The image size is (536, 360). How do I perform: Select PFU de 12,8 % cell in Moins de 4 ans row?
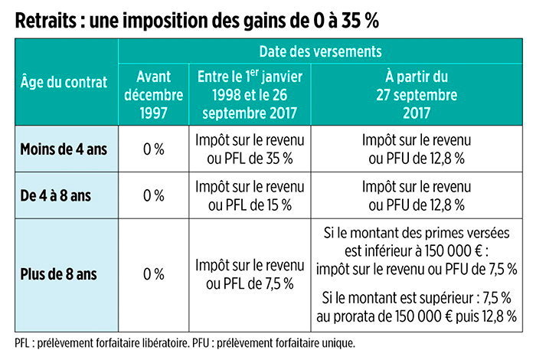416,149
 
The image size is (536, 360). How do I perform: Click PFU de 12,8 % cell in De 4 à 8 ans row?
416,196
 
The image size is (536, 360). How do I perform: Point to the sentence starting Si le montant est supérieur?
416,306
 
